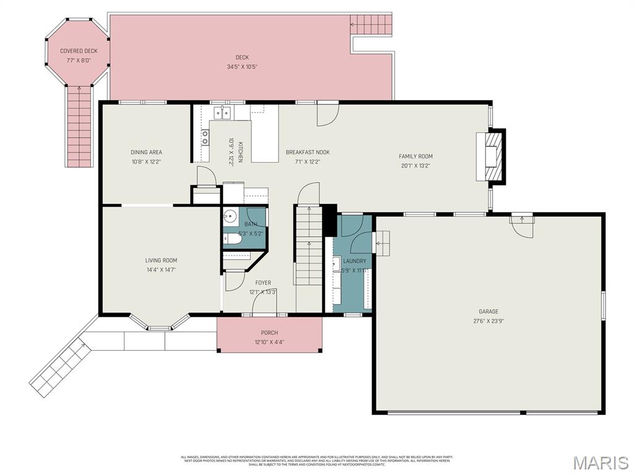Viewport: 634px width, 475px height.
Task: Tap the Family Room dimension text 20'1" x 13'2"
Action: (415, 166)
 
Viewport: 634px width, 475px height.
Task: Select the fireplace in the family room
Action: (491, 157)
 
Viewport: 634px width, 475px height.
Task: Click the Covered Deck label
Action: (79, 51)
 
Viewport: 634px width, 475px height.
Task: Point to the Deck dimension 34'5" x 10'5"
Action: (241, 67)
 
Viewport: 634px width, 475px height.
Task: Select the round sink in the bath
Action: (230, 217)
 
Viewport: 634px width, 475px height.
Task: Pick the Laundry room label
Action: (355, 261)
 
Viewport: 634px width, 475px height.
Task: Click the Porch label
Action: (269, 333)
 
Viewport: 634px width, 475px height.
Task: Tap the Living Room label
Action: (161, 260)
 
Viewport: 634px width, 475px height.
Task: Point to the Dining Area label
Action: (146, 152)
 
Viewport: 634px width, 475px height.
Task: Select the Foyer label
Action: (263, 283)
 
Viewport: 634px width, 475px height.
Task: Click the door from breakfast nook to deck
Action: (327, 113)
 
